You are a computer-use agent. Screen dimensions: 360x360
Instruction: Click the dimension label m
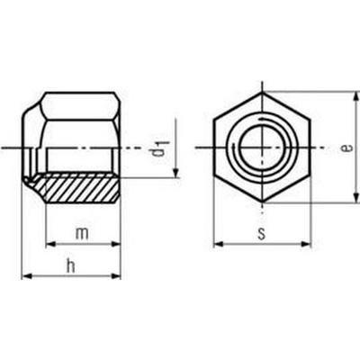pyautogui.click(x=82, y=234)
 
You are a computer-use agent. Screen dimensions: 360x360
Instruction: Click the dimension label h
pyautogui.click(x=71, y=266)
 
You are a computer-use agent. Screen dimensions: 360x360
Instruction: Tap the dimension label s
pyautogui.click(x=262, y=234)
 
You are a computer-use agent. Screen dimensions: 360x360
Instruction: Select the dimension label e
pyautogui.click(x=347, y=148)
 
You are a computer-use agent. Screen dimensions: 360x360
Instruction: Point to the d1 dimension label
pyautogui.click(x=159, y=148)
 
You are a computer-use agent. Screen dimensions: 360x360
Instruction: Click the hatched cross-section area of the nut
pyautogui.click(x=75, y=188)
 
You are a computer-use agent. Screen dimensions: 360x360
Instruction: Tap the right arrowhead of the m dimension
pyautogui.click(x=116, y=244)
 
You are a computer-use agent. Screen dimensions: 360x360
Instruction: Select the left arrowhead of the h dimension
pyautogui.click(x=27, y=276)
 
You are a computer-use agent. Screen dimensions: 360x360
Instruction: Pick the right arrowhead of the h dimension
pyautogui.click(x=116, y=276)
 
